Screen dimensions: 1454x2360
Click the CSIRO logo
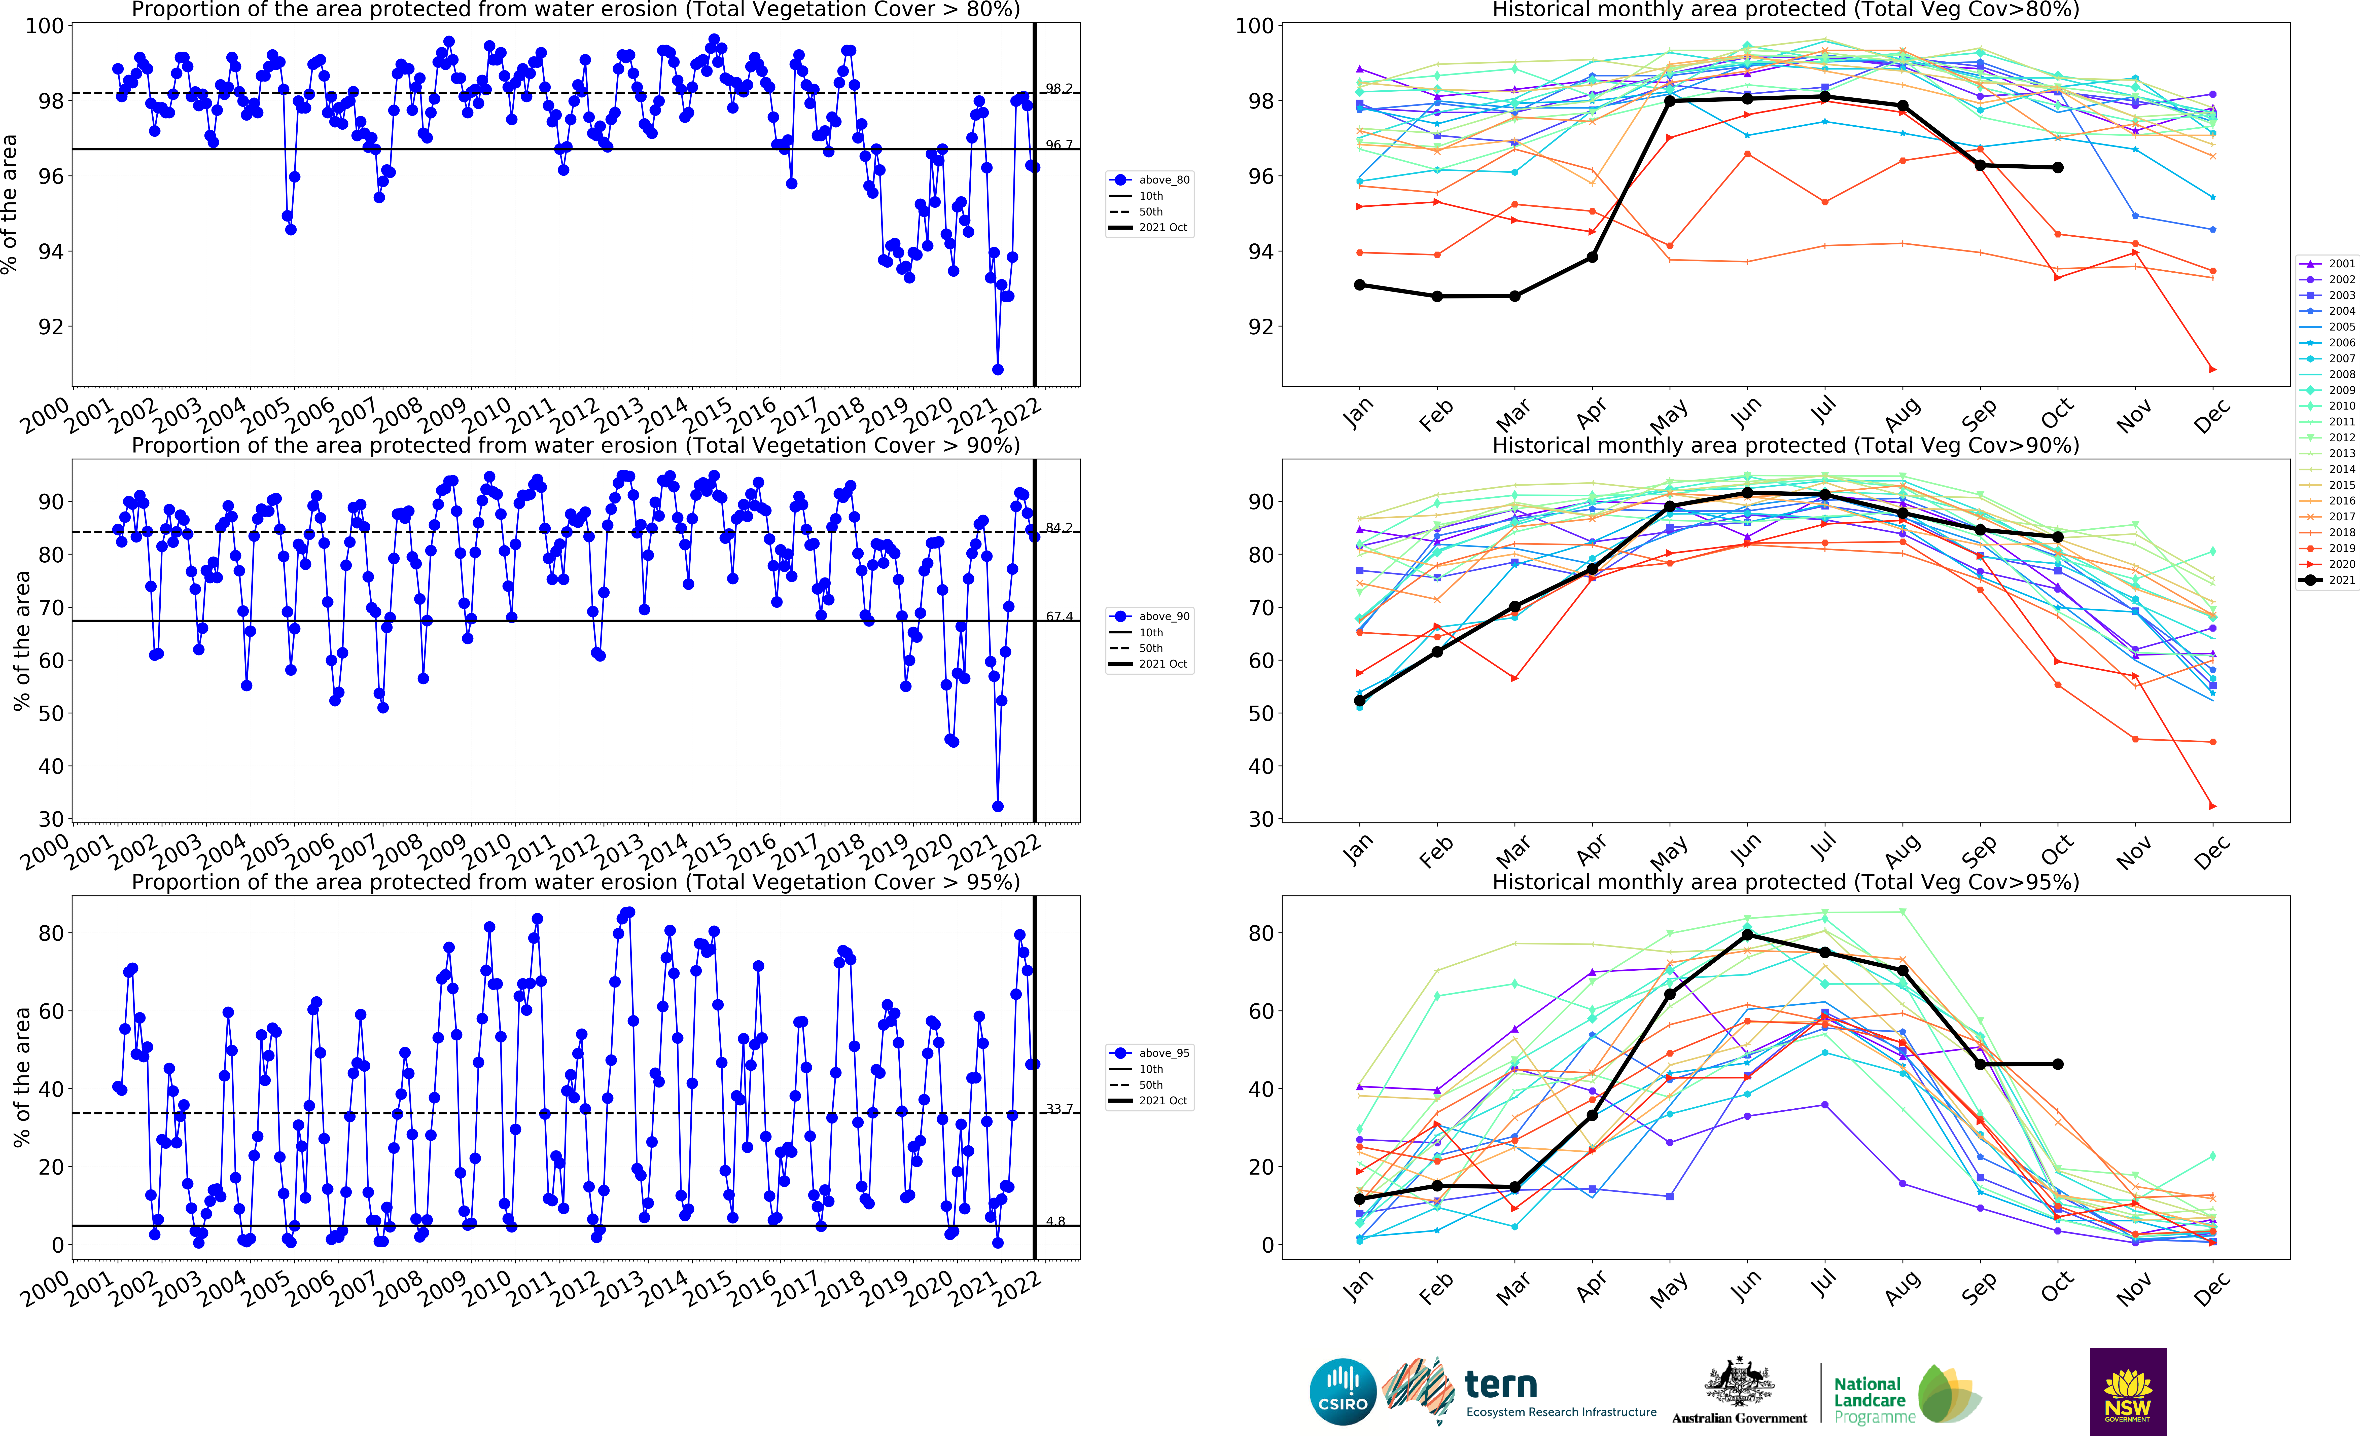coord(1343,1392)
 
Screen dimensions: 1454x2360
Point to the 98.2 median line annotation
coord(1059,88)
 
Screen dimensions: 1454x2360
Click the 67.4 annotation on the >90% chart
coord(1059,616)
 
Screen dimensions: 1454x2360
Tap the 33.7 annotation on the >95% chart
coord(1059,1109)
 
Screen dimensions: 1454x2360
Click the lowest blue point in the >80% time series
coord(997,369)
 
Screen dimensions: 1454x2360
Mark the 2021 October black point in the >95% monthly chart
coord(2057,1064)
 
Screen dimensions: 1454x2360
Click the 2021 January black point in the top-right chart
coord(1359,285)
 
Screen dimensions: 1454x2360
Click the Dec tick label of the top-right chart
coord(2211,416)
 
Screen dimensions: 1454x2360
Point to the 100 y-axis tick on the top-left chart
coord(44,26)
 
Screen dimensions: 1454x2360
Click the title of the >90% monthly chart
coord(1785,445)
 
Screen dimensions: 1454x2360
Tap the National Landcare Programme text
coord(1872,1400)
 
